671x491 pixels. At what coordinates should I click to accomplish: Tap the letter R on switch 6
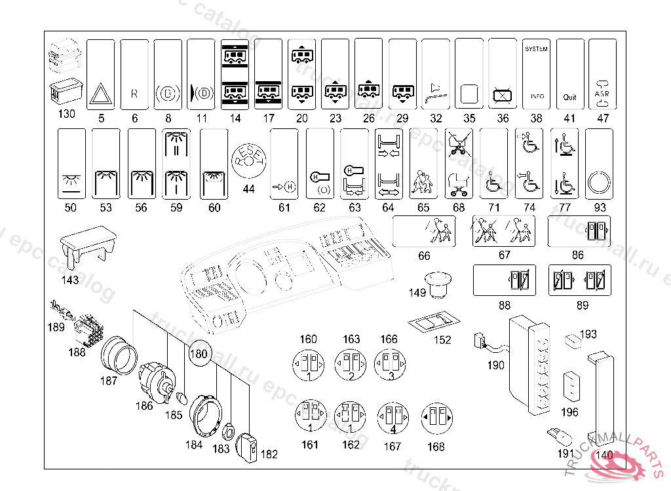click(x=134, y=94)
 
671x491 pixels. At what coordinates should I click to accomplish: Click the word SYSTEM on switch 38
click(x=536, y=49)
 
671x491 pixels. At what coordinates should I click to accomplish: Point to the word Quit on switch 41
click(x=570, y=97)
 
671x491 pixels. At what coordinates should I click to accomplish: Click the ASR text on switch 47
click(x=602, y=93)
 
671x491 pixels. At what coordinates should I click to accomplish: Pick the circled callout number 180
click(x=199, y=354)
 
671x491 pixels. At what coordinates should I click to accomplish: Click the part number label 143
click(x=70, y=280)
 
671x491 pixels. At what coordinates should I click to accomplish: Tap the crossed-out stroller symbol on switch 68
click(x=459, y=143)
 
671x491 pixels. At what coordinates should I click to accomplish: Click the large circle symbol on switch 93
click(x=599, y=182)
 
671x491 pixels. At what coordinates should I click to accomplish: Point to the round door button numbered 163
click(x=351, y=362)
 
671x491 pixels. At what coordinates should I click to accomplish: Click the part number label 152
click(x=443, y=339)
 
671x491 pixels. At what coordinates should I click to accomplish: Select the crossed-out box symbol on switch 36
click(x=502, y=96)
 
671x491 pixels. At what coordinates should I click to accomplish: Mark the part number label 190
click(x=496, y=365)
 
